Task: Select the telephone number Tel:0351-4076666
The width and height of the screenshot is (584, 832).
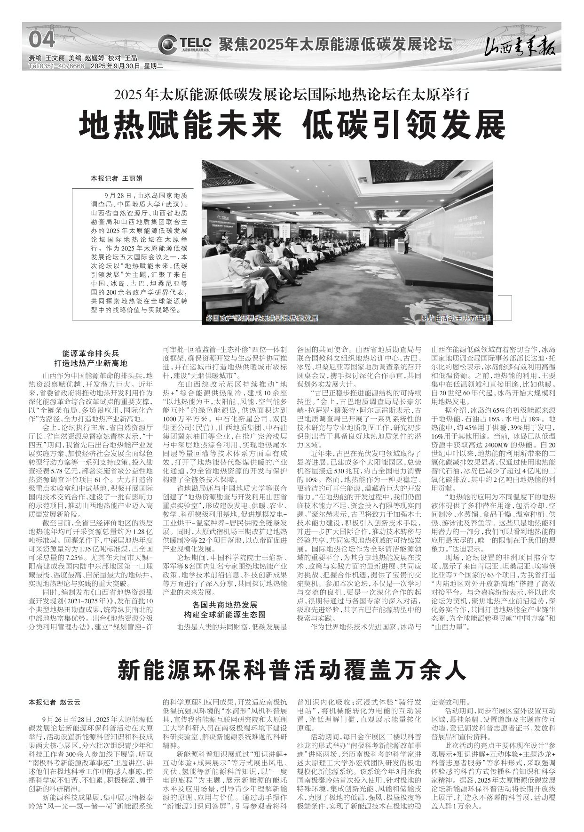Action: (x=56, y=66)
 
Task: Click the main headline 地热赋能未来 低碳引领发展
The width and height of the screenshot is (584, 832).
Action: (x=292, y=124)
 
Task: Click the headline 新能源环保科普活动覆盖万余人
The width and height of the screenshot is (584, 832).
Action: (x=292, y=670)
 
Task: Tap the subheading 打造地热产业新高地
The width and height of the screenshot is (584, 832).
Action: (x=91, y=364)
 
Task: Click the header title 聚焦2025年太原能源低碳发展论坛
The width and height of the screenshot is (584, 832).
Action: (x=335, y=45)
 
